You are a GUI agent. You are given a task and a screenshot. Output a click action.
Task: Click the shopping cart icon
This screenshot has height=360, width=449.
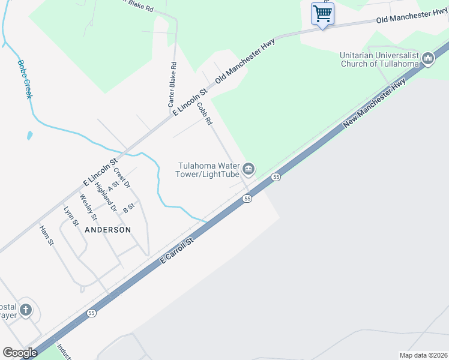(322, 13)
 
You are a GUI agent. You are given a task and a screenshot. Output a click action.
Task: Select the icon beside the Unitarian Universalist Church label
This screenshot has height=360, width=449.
(427, 59)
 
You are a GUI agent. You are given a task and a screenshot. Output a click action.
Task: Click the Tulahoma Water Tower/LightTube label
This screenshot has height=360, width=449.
(208, 170)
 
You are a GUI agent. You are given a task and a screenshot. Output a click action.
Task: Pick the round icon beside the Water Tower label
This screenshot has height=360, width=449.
(249, 170)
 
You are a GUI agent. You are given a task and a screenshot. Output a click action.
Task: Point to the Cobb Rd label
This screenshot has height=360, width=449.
(205, 113)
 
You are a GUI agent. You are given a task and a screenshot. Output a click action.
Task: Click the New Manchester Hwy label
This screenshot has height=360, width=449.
(375, 103)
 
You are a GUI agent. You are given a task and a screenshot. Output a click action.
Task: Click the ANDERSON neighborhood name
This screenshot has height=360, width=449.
(107, 230)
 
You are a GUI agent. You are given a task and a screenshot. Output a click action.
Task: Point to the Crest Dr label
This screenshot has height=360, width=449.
(121, 178)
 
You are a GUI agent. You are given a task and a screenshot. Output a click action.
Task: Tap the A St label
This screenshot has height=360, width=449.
(110, 188)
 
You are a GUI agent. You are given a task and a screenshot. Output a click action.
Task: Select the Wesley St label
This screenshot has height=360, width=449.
(88, 208)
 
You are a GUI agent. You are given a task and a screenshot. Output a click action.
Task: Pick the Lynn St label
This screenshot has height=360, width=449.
(70, 217)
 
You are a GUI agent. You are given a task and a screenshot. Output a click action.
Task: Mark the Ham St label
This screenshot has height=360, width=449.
(46, 235)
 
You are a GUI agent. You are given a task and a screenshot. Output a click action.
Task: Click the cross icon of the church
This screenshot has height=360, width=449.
(25, 310)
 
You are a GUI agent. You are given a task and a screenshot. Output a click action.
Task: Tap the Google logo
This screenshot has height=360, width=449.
(20, 353)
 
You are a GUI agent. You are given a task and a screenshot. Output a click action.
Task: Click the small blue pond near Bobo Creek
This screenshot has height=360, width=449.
(29, 135)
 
